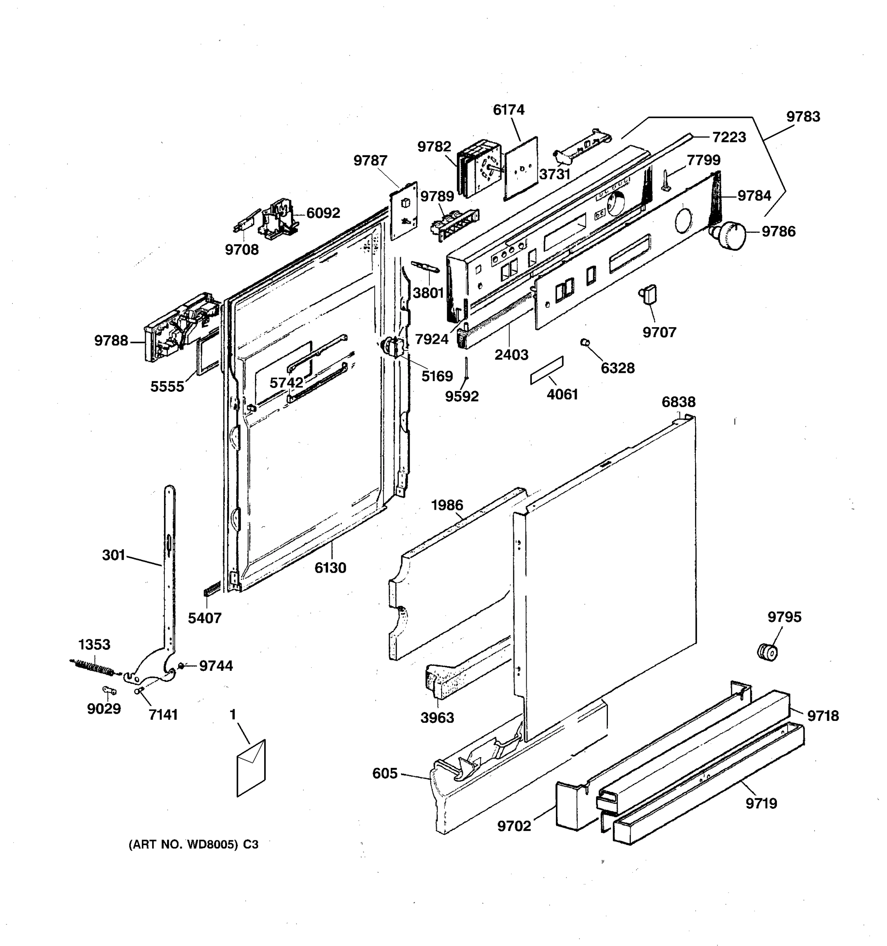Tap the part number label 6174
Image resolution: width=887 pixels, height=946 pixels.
pos(508,110)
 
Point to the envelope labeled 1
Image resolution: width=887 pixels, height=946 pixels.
pos(251,767)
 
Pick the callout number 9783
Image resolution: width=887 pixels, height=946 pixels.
pos(803,117)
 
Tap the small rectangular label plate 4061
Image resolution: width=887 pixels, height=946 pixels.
pos(547,370)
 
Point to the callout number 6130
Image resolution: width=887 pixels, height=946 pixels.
pos(330,568)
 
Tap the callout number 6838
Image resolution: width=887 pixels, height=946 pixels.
pos(678,402)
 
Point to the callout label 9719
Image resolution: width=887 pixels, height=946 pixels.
pos(761,803)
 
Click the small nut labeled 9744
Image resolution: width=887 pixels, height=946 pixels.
pos(181,665)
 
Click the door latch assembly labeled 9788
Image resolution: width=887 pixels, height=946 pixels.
pos(179,328)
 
